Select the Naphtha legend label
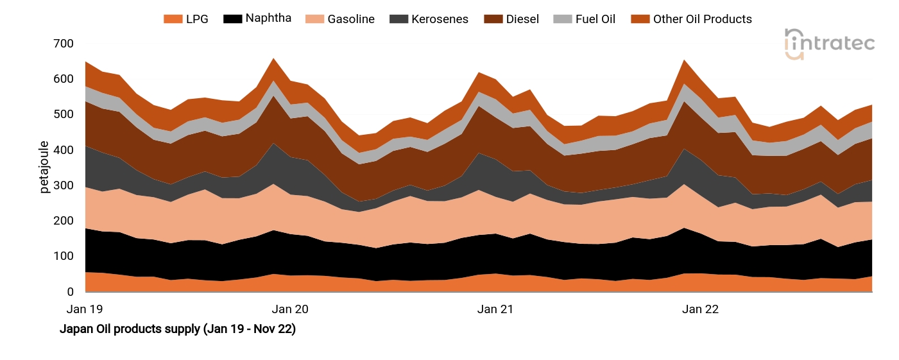[x=268, y=18]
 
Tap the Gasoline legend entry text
[x=351, y=19]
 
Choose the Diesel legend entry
[x=523, y=19]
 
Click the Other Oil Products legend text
[x=702, y=19]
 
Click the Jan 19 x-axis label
[x=85, y=309]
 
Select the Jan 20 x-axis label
[x=291, y=309]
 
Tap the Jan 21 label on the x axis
[x=495, y=309]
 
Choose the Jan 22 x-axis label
[x=700, y=309]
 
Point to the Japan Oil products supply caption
[x=178, y=330]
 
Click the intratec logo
[x=829, y=44]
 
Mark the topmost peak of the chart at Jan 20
[x=274, y=58]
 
